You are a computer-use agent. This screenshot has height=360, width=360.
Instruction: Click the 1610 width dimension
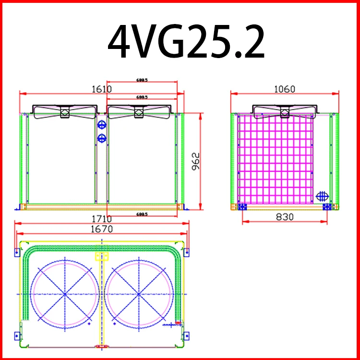pyautogui.click(x=101, y=88)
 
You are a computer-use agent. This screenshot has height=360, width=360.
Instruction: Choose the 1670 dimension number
pyautogui.click(x=101, y=229)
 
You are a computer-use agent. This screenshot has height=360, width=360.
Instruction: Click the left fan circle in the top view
pyautogui.click(x=65, y=293)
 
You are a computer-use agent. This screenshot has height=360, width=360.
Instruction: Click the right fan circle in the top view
pyautogui.click(x=138, y=293)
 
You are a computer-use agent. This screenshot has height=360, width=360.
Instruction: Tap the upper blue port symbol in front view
pyautogui.click(x=101, y=125)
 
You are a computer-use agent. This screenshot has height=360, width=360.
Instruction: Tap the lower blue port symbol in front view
pyautogui.click(x=101, y=139)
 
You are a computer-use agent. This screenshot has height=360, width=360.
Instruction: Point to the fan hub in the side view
pyautogui.click(x=284, y=112)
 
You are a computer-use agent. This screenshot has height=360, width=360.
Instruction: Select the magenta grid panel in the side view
pyautogui.click(x=276, y=158)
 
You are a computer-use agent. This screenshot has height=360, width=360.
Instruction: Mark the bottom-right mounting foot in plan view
pyautogui.click(x=185, y=335)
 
